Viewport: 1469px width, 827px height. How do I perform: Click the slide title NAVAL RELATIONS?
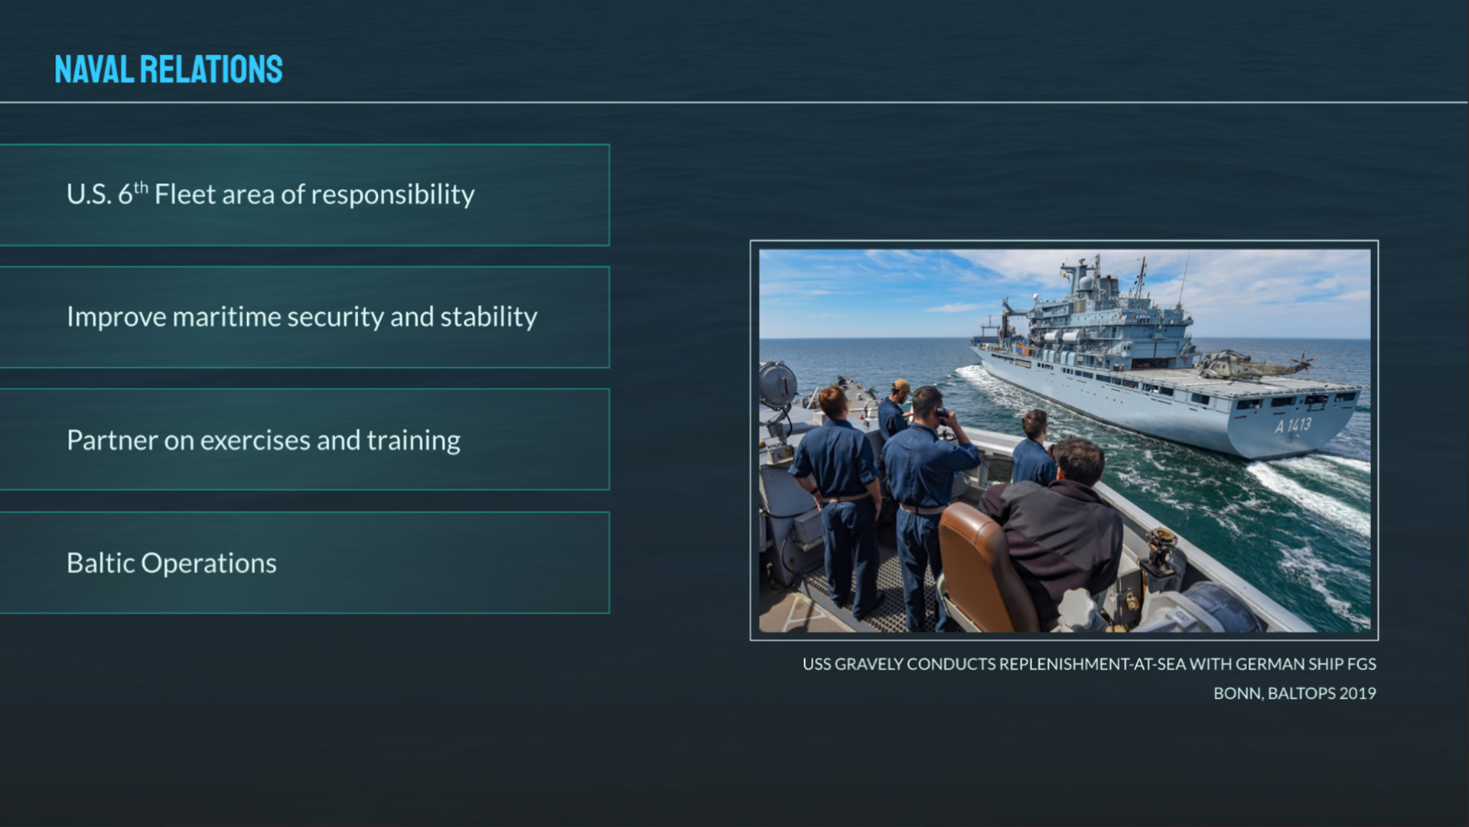pos(168,70)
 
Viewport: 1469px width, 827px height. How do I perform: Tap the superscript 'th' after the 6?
pos(141,187)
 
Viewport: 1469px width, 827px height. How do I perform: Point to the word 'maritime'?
pos(227,317)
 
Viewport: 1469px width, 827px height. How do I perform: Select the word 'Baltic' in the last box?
pos(100,563)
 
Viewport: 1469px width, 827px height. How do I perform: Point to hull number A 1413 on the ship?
pos(1293,425)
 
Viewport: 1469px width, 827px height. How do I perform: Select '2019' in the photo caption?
pos(1357,694)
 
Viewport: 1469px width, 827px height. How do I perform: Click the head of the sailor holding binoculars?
pos(927,404)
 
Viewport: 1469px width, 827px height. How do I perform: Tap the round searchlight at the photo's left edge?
pos(776,382)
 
